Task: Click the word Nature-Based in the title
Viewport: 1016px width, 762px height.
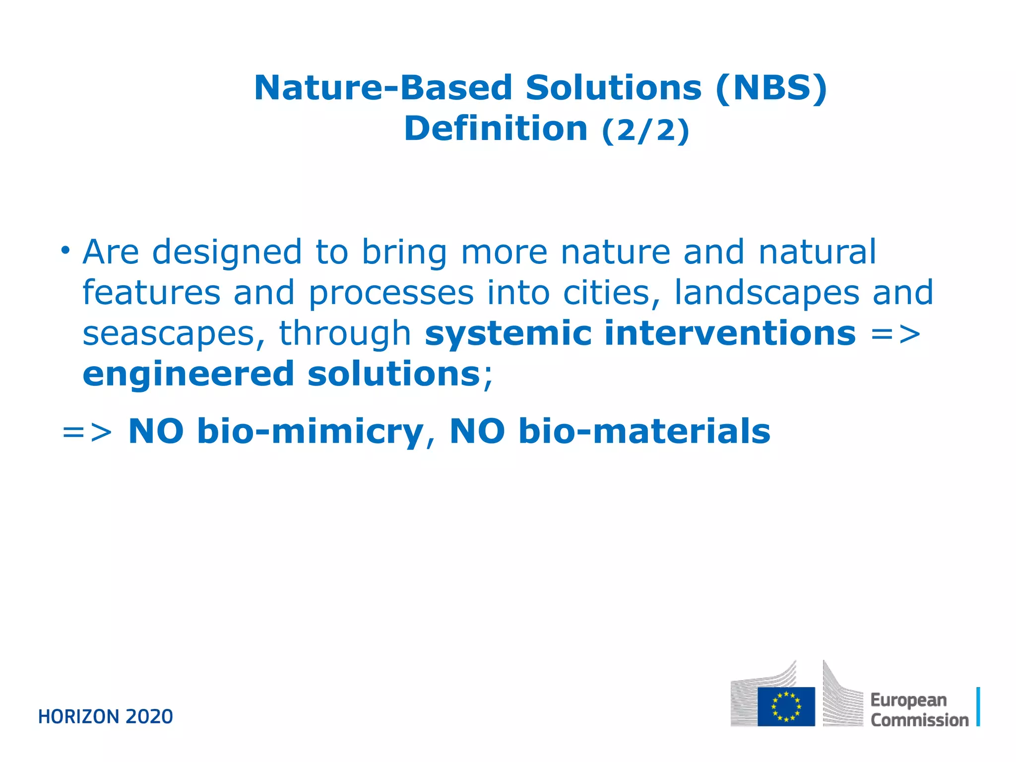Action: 382,88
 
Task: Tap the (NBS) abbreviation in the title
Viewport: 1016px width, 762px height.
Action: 771,88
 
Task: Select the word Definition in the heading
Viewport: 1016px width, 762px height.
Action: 496,129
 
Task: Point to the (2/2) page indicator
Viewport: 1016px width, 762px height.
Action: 645,130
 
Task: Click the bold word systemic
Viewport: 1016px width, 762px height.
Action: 508,333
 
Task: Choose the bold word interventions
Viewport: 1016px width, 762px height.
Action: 730,333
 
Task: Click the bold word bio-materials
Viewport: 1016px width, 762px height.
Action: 644,432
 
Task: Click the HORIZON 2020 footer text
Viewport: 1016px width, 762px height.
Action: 106,717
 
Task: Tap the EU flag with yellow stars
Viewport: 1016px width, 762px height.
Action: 786,706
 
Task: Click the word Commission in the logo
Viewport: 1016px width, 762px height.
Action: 919,720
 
